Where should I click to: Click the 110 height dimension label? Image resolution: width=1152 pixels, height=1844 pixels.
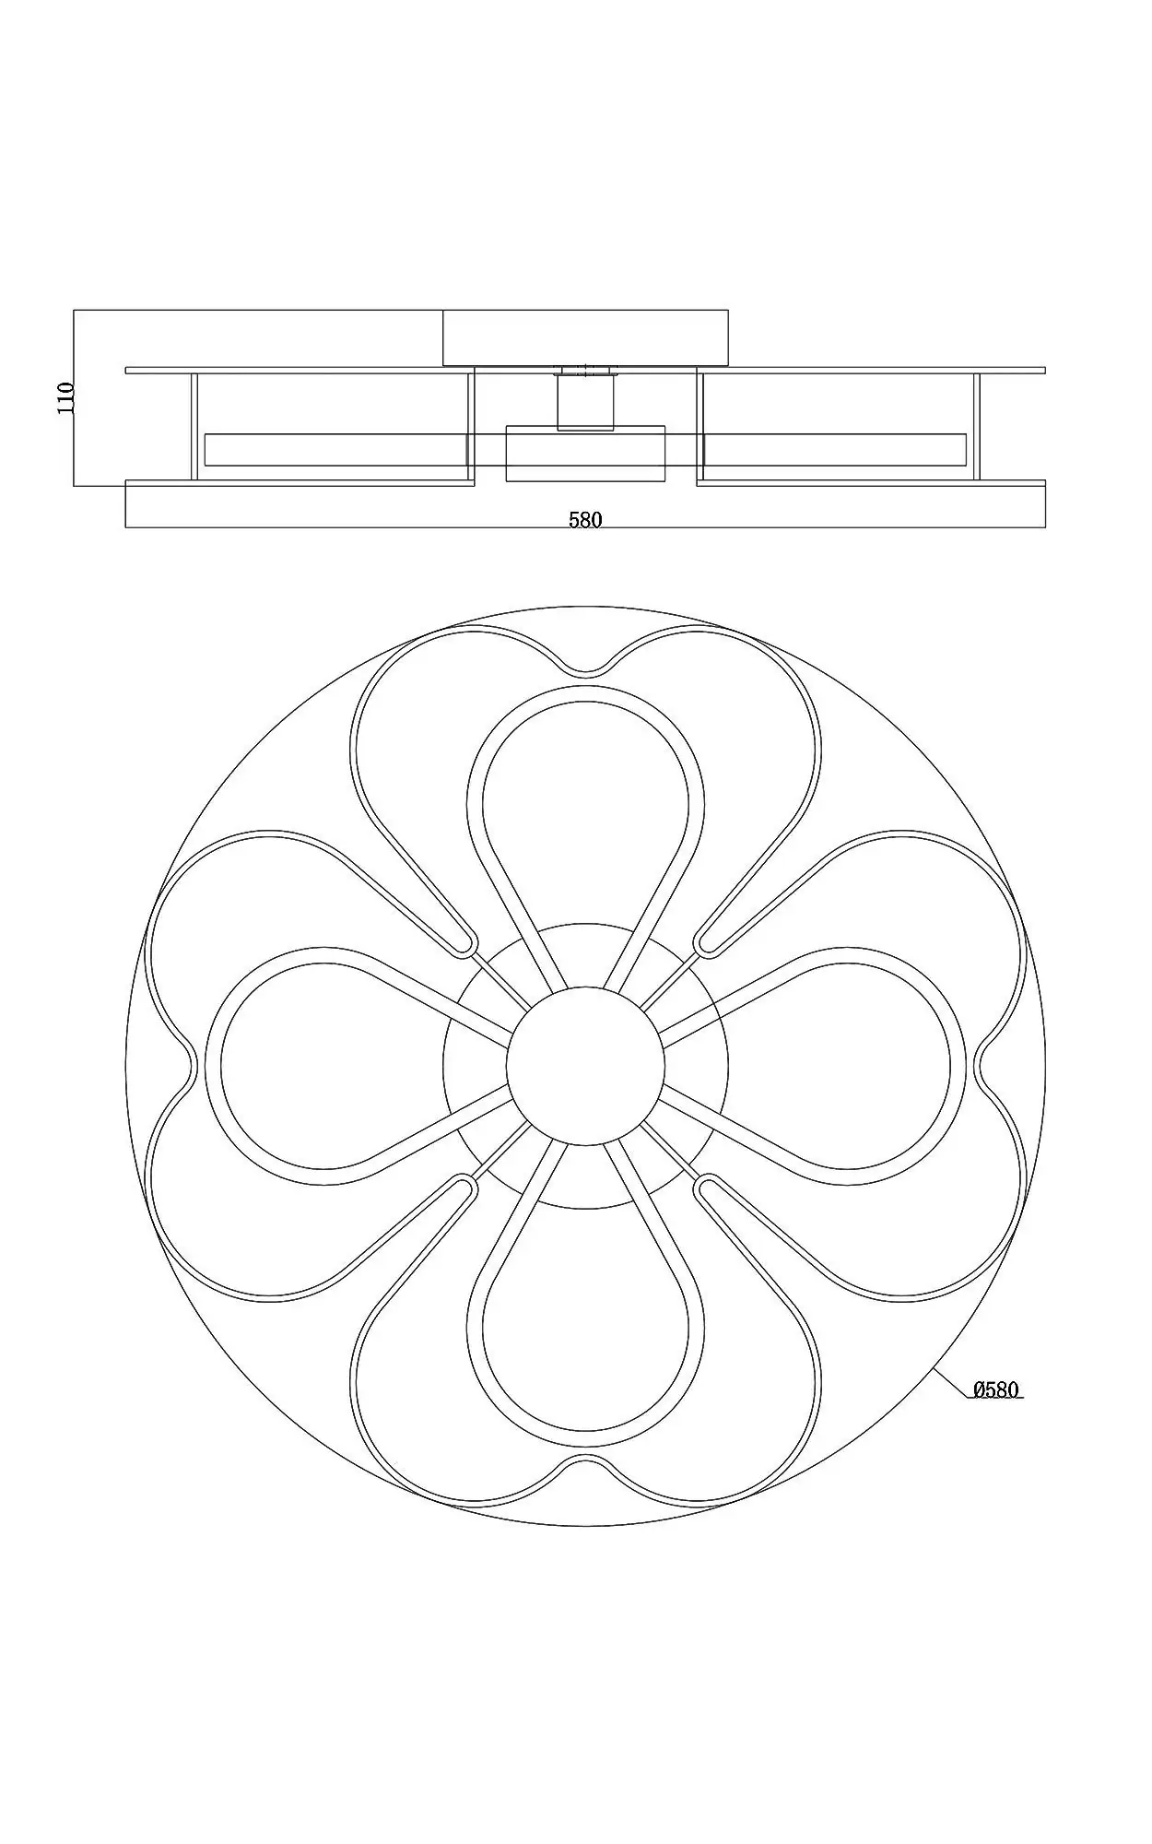point(65,398)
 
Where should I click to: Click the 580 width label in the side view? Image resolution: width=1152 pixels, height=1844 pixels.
point(585,520)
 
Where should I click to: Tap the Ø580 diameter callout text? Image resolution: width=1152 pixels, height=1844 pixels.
point(996,1415)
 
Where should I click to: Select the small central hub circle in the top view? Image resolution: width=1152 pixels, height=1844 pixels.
point(585,1066)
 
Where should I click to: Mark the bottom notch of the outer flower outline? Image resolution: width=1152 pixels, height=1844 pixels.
point(586,1460)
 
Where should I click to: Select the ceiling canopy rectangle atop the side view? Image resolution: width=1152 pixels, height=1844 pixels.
point(585,338)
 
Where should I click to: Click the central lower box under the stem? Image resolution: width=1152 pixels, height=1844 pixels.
point(585,454)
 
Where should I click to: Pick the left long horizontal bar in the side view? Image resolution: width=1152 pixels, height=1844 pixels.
point(336,449)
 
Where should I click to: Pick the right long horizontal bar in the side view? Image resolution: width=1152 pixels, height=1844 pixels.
point(835,449)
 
